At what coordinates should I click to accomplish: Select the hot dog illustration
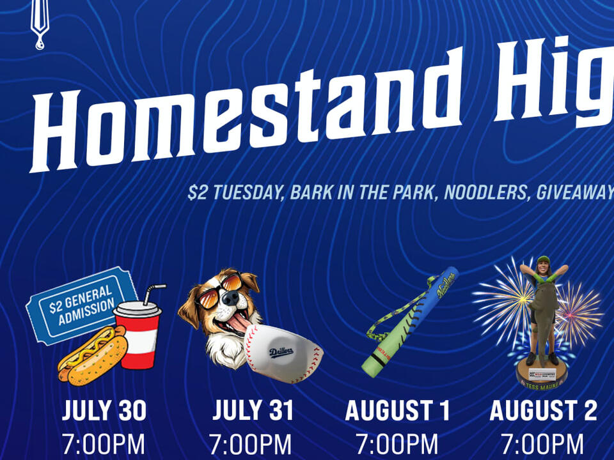(x=93, y=355)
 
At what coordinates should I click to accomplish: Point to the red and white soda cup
(x=139, y=335)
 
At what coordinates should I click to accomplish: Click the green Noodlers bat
(x=409, y=319)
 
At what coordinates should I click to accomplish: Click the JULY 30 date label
(x=104, y=411)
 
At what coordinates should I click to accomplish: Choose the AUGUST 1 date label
(x=397, y=411)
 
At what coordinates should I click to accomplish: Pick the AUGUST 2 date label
(x=543, y=411)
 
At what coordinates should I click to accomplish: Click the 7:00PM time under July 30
(x=104, y=444)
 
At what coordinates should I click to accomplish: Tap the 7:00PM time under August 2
(x=543, y=444)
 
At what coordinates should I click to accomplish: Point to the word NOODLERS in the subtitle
(x=485, y=192)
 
